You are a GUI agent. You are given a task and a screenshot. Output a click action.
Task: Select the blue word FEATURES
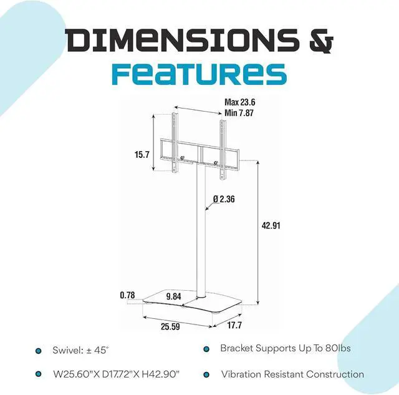click(199, 73)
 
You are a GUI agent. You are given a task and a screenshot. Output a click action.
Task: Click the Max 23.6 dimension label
click(241, 103)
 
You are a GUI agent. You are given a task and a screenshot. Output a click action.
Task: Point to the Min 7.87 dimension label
click(241, 113)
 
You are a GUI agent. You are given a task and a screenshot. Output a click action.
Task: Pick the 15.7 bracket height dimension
click(142, 154)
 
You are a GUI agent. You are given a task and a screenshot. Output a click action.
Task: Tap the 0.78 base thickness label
click(128, 295)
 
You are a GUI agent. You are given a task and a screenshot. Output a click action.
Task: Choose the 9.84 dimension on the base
click(173, 297)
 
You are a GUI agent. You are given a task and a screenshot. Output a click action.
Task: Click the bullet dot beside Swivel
click(39, 351)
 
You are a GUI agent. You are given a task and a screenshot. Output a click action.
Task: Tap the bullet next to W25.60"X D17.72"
click(39, 375)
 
